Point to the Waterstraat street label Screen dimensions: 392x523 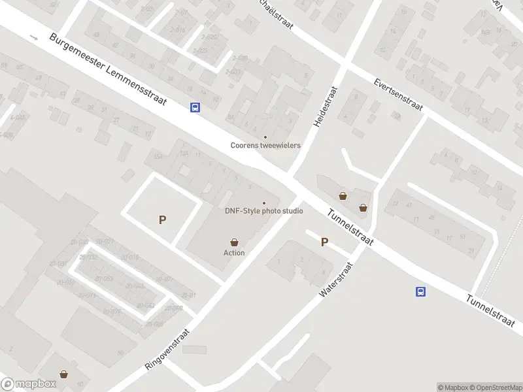[335, 280]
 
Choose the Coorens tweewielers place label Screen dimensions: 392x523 [265, 145]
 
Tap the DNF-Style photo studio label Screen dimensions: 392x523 [264, 210]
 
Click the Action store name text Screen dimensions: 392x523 [234, 253]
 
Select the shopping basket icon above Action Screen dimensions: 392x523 [234, 242]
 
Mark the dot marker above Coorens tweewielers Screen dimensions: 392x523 [265, 137]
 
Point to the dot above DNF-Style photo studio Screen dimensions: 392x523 [264, 203]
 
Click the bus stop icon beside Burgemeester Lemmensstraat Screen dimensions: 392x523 [195, 108]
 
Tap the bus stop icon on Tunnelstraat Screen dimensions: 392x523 [421, 291]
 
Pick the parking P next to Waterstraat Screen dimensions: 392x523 [324, 242]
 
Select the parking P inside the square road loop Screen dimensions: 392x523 [162, 220]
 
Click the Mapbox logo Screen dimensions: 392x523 [27, 384]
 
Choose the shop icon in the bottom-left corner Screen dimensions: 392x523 [64, 374]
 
